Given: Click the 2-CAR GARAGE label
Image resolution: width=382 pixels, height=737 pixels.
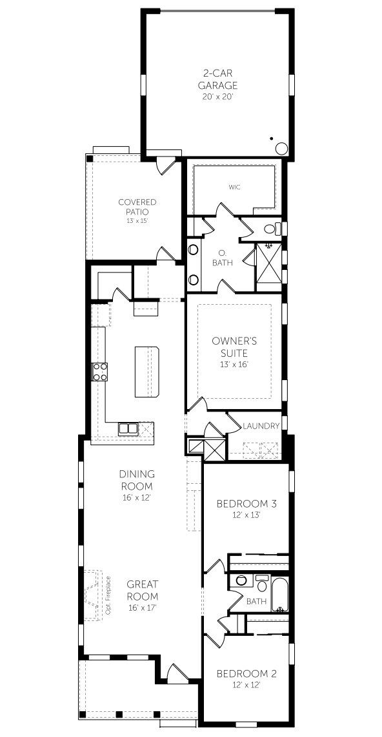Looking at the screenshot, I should click(217, 79).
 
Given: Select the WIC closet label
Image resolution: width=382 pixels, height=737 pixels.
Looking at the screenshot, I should click(234, 187).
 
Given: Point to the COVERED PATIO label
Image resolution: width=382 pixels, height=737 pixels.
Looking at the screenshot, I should click(137, 206).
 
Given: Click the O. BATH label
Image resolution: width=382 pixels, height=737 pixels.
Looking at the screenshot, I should click(221, 257).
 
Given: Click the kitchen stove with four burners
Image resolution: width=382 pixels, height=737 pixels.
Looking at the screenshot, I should click(101, 372).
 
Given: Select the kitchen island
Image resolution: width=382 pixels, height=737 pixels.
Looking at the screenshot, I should click(146, 372).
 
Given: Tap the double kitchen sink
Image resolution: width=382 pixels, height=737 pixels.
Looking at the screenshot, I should click(128, 428).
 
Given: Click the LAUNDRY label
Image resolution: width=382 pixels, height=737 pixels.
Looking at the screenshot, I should click(261, 426).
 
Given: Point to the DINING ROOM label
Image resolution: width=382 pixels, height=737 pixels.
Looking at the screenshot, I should click(137, 480).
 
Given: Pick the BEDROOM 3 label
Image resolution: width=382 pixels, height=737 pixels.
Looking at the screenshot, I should click(246, 504).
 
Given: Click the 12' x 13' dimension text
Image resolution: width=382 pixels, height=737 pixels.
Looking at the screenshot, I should click(246, 515).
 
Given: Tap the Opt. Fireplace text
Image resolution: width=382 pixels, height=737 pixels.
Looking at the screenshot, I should click(108, 595).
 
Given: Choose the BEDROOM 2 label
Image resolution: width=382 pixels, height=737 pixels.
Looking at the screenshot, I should click(246, 674).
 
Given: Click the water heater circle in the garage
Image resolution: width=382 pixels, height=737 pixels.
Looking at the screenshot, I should click(281, 148).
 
